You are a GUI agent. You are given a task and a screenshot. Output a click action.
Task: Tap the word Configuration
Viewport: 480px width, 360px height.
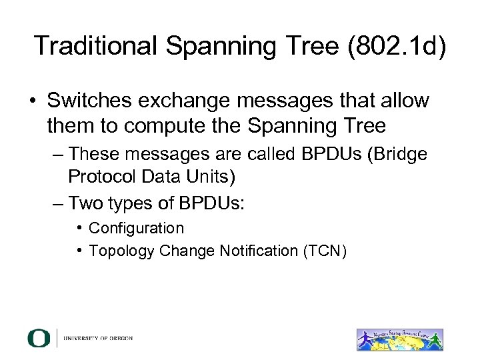pyautogui.click(x=137, y=228)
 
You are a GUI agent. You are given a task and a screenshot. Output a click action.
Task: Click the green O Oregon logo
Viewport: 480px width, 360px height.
pyautogui.click(x=38, y=338)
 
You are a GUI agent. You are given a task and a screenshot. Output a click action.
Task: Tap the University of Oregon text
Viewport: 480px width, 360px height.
pyautogui.click(x=98, y=338)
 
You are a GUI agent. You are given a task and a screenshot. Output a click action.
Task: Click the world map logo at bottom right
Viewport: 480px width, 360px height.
pyautogui.click(x=399, y=339)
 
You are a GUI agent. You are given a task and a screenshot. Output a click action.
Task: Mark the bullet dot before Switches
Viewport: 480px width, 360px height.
pyautogui.click(x=31, y=102)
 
